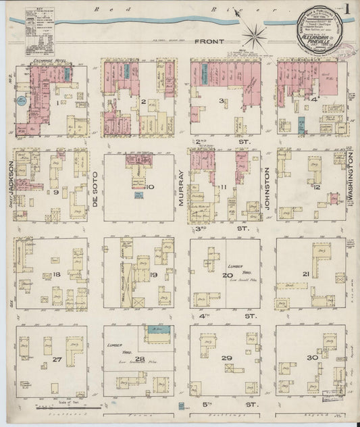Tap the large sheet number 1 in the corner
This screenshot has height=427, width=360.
(347, 11)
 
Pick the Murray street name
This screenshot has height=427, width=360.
(181, 192)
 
